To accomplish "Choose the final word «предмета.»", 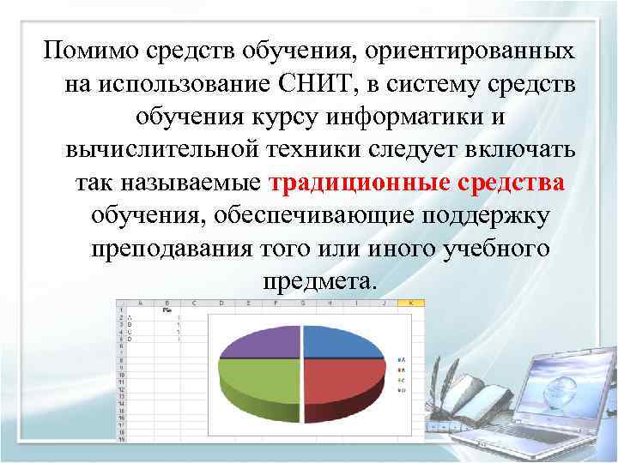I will [318, 281].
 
